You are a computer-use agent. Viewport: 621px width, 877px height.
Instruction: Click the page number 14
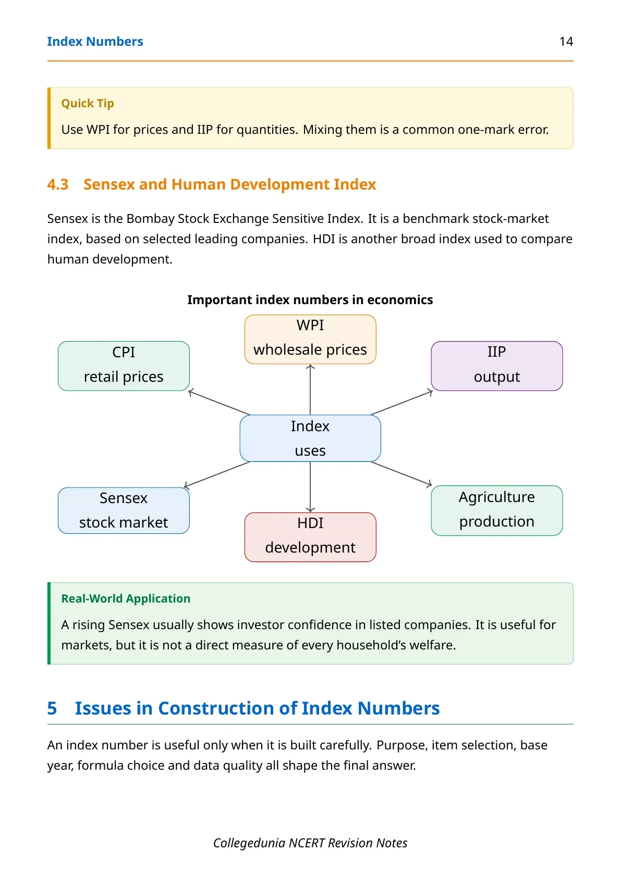(x=566, y=42)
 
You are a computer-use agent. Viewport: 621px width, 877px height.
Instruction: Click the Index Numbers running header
(x=95, y=42)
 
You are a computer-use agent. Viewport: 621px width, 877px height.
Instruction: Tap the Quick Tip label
(x=88, y=103)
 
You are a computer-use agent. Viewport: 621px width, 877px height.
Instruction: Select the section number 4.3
(x=58, y=184)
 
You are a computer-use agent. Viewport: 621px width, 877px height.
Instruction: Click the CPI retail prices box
(x=124, y=366)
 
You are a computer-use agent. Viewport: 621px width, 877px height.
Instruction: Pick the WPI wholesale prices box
(x=310, y=339)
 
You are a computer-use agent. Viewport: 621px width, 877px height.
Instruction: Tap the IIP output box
(x=497, y=366)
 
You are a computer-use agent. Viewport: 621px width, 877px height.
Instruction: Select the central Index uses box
(x=310, y=438)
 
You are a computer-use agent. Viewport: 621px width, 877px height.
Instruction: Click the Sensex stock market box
(x=124, y=510)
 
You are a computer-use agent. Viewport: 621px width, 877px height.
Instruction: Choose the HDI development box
(x=310, y=537)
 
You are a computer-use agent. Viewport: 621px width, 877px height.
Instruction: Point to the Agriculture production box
(x=497, y=510)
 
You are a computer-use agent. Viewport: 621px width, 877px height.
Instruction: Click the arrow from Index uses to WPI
(x=310, y=390)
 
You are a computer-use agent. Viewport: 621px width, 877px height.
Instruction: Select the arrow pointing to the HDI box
(x=310, y=487)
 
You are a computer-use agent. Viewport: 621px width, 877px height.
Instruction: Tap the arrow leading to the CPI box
(x=219, y=403)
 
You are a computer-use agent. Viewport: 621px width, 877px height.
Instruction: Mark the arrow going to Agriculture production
(x=401, y=474)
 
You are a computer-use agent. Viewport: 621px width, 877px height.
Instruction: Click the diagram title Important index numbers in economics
(x=310, y=299)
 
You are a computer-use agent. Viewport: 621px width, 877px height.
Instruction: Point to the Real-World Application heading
(x=126, y=598)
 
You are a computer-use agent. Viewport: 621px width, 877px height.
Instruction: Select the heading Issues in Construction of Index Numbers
(x=257, y=708)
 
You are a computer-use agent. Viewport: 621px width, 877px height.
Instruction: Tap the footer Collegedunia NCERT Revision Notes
(x=310, y=843)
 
